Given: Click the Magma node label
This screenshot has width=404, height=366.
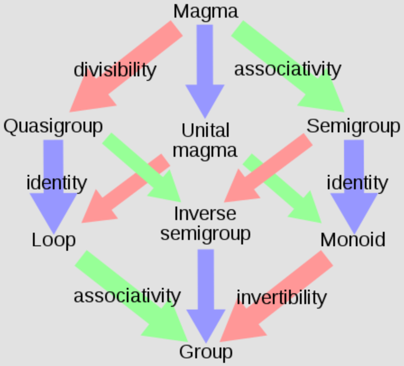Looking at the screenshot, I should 206,11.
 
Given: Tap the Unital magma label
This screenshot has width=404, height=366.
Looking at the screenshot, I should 205,140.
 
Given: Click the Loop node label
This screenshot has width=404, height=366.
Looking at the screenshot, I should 54,239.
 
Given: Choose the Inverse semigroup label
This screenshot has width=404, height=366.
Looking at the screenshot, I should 205,223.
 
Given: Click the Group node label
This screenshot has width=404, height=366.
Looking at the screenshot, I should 206,352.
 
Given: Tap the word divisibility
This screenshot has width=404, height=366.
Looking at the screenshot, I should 115,70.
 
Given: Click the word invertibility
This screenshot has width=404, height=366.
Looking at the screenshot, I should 281,297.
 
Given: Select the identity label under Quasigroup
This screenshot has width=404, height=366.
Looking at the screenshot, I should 56,183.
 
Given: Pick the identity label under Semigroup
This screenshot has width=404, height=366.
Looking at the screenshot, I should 357,183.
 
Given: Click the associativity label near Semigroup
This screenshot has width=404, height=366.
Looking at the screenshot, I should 287,69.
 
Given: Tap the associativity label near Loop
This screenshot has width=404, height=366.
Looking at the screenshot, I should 127,296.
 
